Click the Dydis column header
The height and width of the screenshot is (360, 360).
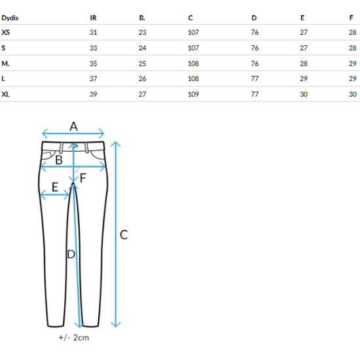pos(10,18)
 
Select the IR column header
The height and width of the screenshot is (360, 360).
pos(93,18)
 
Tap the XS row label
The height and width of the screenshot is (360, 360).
pos(5,32)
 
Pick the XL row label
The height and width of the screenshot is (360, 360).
pos(5,94)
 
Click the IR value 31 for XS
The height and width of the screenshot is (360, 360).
pos(93,32)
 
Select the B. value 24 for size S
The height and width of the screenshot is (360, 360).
pos(142,48)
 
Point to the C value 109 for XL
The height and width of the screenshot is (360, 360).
pos(193,94)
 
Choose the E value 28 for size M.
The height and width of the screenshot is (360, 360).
pos(304,63)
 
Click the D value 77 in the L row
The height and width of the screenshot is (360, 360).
pos(255,79)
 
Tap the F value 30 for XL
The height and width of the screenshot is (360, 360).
pos(352,94)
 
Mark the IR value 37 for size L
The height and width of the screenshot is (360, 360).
pos(93,79)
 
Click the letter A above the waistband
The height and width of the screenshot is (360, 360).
pos(73,126)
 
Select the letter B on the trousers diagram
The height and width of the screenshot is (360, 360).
pos(59,160)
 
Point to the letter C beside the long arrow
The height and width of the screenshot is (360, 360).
pos(124,235)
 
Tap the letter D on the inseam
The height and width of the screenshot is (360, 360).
pos(71,254)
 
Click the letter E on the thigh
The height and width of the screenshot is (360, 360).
pos(55,187)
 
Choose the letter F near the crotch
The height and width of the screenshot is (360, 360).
pos(83,178)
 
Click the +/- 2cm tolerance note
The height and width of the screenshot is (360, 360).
pos(74,338)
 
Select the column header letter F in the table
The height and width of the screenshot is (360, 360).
pos(351,18)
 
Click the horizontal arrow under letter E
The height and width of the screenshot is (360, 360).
pos(54,195)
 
